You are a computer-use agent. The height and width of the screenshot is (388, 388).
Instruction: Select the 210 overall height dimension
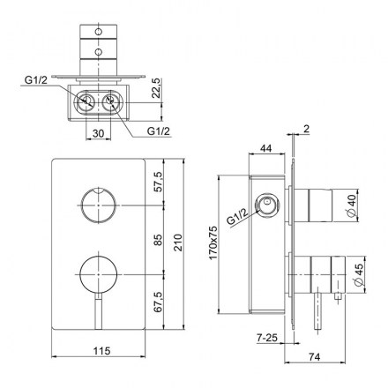(178, 242)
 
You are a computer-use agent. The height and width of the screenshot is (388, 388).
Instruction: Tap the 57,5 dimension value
(158, 182)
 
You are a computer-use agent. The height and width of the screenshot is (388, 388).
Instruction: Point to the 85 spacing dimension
(158, 240)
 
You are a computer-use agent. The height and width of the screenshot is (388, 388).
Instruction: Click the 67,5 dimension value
(158, 302)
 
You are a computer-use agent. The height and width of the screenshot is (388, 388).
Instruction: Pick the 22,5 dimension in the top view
(157, 88)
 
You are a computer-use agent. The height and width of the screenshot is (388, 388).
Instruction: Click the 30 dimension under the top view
(98, 133)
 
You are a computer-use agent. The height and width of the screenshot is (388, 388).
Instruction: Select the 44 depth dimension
(266, 148)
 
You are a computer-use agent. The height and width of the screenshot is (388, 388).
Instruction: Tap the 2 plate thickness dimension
(306, 129)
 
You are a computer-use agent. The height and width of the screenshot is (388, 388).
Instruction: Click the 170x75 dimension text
(213, 242)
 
